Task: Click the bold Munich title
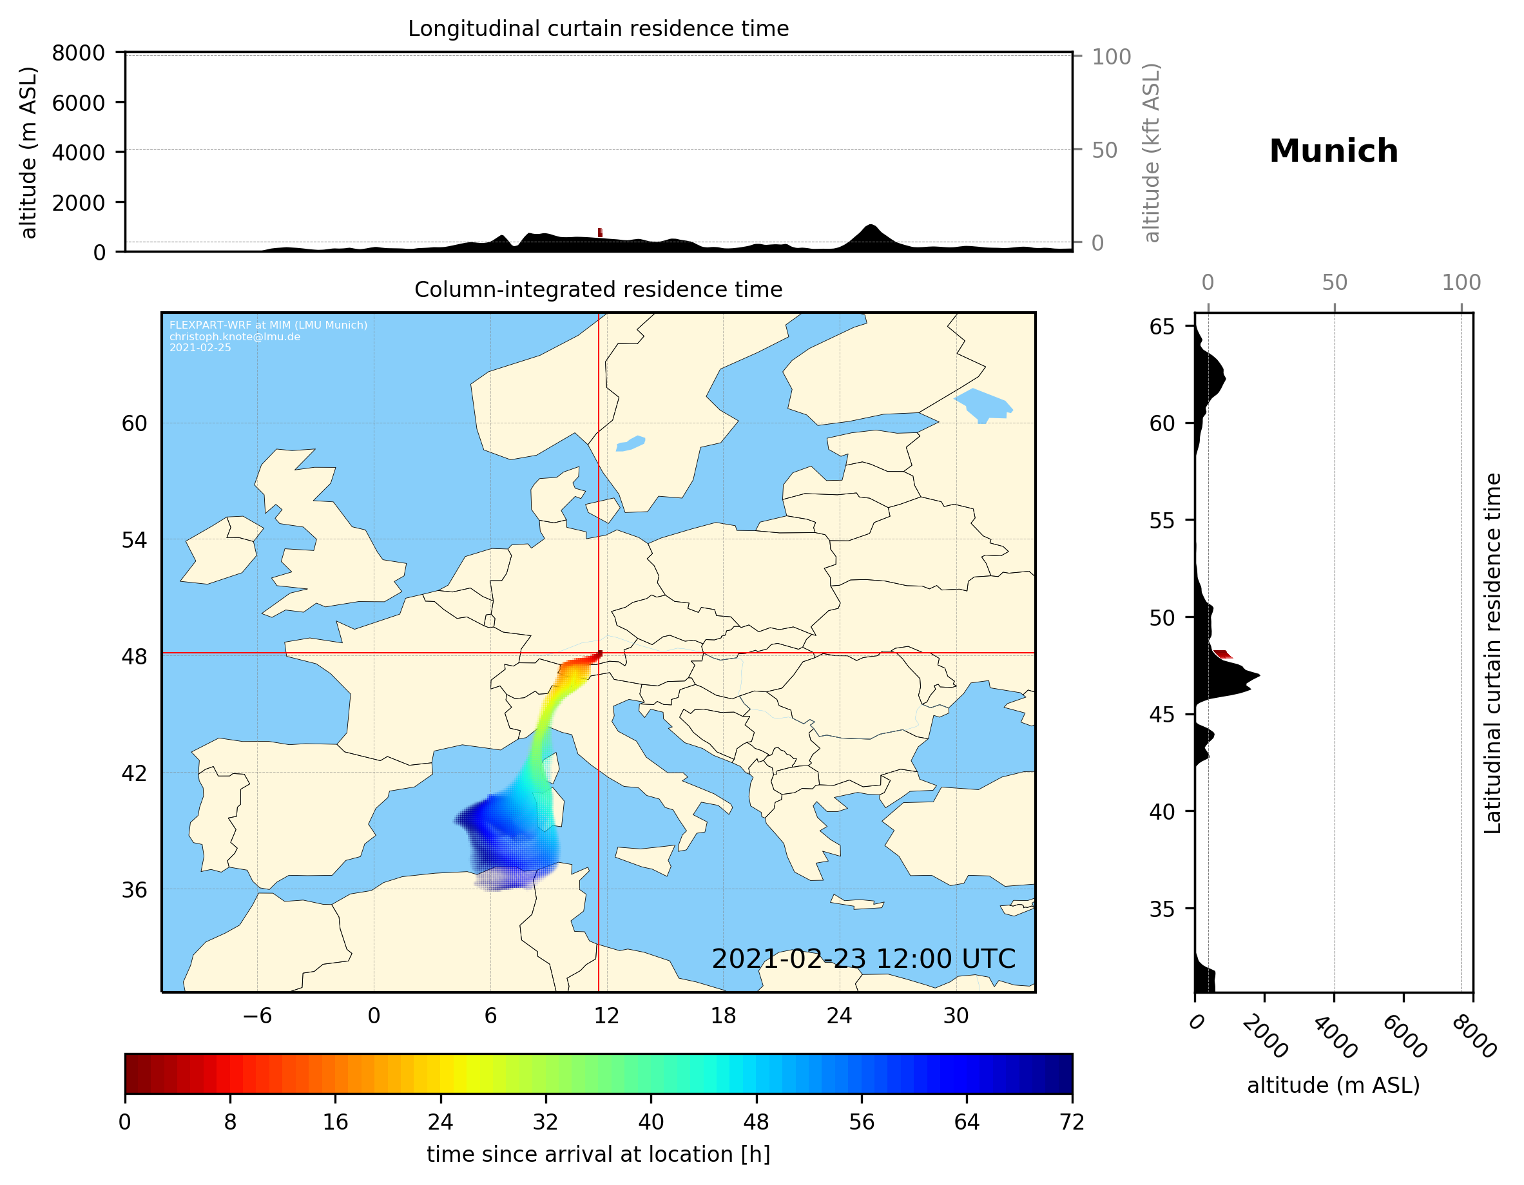coord(1333,151)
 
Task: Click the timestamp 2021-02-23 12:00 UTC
coord(863,959)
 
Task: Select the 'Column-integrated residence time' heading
coord(598,289)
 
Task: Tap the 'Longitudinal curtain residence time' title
coord(598,28)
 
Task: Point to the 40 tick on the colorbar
coord(650,1121)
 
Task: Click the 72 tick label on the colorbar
coord(1071,1121)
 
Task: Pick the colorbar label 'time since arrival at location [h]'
coord(598,1154)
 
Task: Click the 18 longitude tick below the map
coord(723,1016)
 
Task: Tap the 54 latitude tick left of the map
coord(134,540)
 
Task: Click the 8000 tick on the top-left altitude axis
coord(78,53)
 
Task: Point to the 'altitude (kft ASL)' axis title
coord(1152,153)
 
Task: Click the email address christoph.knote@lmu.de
coord(235,336)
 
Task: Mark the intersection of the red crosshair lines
coord(599,653)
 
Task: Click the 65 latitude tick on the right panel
coord(1162,327)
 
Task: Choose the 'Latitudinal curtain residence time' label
coord(1492,653)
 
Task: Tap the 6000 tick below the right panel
coord(1405,1036)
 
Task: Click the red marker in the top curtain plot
coord(600,233)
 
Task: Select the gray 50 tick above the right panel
coord(1334,283)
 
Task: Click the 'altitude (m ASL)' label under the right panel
coord(1333,1085)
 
